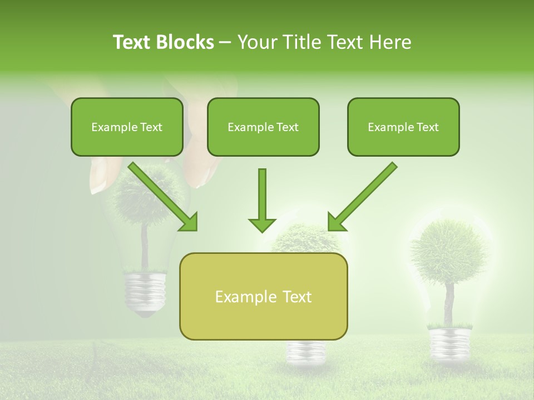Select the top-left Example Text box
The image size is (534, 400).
[127, 127]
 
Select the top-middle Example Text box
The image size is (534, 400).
[263, 127]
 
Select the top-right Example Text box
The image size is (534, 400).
[403, 127]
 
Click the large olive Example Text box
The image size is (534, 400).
[263, 296]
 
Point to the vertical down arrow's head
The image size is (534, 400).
[262, 225]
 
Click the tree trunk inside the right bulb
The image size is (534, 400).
[448, 303]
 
